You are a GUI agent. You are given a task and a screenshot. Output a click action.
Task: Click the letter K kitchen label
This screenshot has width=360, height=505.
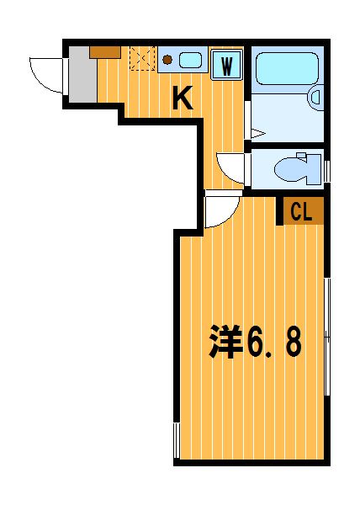pos(183,98)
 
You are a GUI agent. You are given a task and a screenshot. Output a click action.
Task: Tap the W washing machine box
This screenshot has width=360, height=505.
pos(226,65)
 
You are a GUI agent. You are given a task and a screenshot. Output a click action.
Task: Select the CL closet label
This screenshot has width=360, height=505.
pos(301,212)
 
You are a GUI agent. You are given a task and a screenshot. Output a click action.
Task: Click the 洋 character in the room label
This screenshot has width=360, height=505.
pos(225,342)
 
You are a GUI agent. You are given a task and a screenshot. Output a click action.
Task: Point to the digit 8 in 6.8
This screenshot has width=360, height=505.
pos(294,342)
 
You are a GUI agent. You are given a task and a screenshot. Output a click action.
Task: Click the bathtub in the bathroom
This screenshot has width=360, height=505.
pos(288,68)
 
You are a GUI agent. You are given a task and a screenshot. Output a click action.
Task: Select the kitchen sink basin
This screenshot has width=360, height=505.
pos(190,61)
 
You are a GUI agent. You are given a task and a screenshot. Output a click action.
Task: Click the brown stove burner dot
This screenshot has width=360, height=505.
pos(167,60)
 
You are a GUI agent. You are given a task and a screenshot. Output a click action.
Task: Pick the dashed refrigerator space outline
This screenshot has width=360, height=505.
pos(142,58)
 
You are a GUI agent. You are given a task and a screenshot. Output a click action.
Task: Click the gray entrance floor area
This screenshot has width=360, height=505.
pos(82,74)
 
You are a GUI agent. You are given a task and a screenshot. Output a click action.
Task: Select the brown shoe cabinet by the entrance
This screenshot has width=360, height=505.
pos(105,52)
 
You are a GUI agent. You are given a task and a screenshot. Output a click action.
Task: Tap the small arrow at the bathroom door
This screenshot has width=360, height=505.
pos(258,134)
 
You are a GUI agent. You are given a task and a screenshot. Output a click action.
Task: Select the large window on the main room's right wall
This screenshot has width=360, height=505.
pos(327,337)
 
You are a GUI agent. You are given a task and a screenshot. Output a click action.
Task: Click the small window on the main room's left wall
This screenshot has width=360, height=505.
pos(177,440)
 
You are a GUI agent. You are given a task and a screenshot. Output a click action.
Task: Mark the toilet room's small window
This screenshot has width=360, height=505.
pos(327,172)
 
